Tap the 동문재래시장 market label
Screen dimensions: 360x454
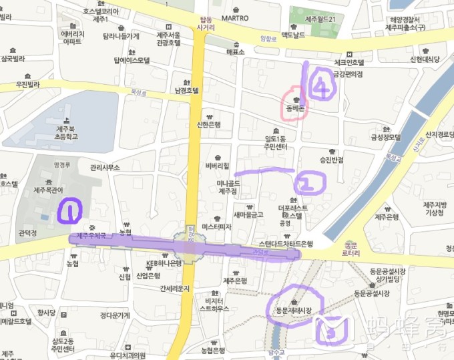click(295, 311)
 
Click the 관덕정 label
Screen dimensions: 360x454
click(27, 233)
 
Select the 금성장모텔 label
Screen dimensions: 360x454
click(386, 137)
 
